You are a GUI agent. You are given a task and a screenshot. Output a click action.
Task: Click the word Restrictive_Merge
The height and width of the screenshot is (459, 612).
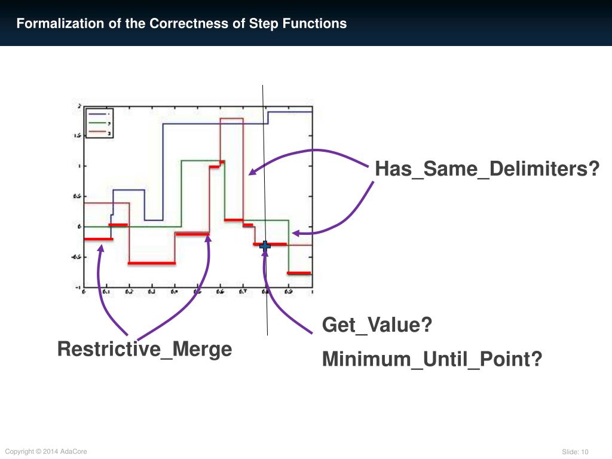(144, 348)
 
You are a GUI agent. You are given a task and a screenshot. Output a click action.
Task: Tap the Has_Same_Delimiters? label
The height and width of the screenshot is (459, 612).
(486, 169)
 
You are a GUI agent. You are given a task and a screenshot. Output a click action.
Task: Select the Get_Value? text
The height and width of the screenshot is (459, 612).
(377, 325)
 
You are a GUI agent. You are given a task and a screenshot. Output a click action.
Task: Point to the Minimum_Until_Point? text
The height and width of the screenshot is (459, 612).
(432, 359)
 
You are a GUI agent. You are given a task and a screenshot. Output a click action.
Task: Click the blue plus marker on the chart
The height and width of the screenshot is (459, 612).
(265, 245)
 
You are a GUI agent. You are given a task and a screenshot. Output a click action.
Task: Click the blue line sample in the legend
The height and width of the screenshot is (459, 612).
(97, 113)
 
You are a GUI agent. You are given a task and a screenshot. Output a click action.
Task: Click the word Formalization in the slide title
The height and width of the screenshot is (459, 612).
(53, 24)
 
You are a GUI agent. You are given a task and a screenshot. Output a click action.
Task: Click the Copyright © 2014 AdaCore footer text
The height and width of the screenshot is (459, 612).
(46, 451)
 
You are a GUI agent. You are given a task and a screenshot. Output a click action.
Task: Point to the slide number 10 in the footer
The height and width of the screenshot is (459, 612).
(585, 451)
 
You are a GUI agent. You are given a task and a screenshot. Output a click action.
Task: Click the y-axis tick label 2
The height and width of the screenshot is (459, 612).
(79, 106)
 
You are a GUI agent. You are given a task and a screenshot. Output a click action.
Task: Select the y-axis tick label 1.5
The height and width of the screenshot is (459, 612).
(78, 136)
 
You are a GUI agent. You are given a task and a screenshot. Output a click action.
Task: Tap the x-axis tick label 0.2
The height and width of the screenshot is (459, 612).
(128, 292)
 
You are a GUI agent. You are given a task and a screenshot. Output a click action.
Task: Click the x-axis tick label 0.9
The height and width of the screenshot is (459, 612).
(289, 292)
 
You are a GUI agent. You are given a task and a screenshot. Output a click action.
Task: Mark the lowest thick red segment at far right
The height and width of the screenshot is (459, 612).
(299, 273)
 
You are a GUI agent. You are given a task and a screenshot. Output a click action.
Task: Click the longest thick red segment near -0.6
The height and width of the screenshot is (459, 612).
(152, 263)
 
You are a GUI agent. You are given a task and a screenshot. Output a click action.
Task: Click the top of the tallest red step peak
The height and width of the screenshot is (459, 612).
(231, 119)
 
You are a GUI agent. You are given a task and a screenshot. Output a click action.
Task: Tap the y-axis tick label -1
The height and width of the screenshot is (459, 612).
(78, 287)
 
